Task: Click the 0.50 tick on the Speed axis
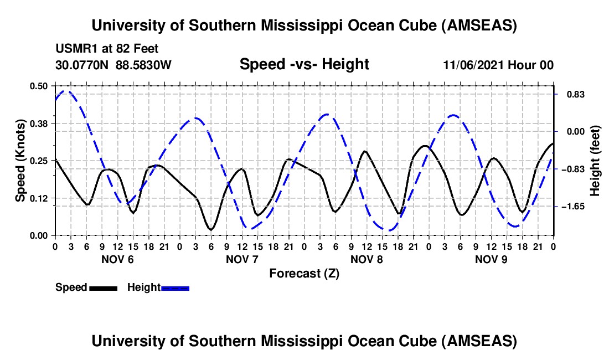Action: [41, 86]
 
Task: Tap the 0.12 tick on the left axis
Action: [41, 198]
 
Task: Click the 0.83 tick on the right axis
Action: [570, 94]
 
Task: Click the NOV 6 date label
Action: [117, 259]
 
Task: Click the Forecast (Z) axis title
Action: [304, 273]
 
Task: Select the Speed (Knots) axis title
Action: [20, 161]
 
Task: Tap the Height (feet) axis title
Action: [595, 161]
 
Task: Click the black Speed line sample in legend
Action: [103, 287]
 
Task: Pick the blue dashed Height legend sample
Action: [175, 287]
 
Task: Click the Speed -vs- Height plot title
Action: [304, 65]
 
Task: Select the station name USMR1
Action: [74, 49]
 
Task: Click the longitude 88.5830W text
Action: [143, 65]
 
